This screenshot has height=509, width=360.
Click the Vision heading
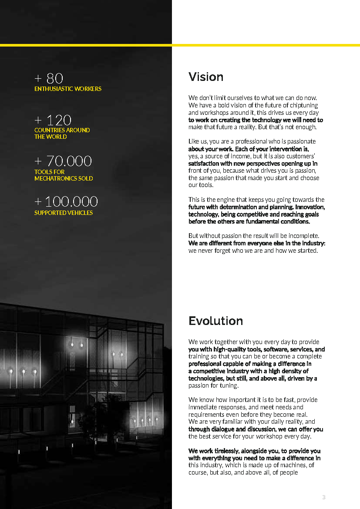click(206, 77)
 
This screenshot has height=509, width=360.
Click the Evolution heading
click(215, 321)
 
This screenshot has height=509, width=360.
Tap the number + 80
click(49, 78)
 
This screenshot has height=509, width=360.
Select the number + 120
click(53, 120)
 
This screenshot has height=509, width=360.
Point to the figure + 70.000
click(63, 161)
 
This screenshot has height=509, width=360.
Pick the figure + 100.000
click(66, 201)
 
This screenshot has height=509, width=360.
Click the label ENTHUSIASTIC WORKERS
click(68, 89)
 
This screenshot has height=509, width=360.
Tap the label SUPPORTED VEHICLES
click(64, 213)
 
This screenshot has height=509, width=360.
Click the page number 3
click(323, 497)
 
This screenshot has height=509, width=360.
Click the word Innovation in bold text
click(310, 207)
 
